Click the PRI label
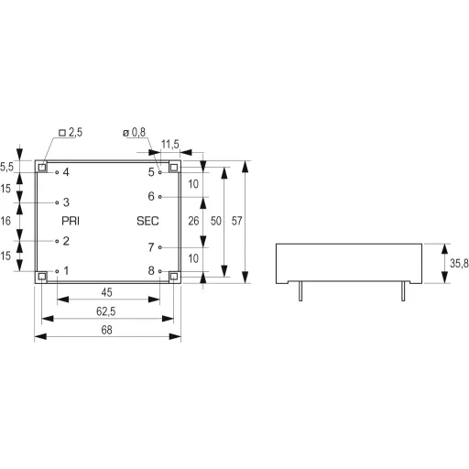click(71, 221)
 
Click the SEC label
click(147, 221)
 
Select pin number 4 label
click(66, 172)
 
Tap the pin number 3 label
click(66, 202)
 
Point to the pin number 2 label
click(66, 241)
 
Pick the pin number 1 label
click(66, 271)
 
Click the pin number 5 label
click(151, 172)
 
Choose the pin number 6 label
click(151, 196)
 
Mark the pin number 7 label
click(151, 246)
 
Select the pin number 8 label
click(151, 271)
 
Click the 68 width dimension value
click(107, 329)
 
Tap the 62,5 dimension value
click(107, 311)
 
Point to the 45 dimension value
click(107, 292)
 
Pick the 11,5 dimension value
click(169, 145)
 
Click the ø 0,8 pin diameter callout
click(134, 133)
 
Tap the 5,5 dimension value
click(7, 167)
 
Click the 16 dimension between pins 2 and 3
click(7, 221)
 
